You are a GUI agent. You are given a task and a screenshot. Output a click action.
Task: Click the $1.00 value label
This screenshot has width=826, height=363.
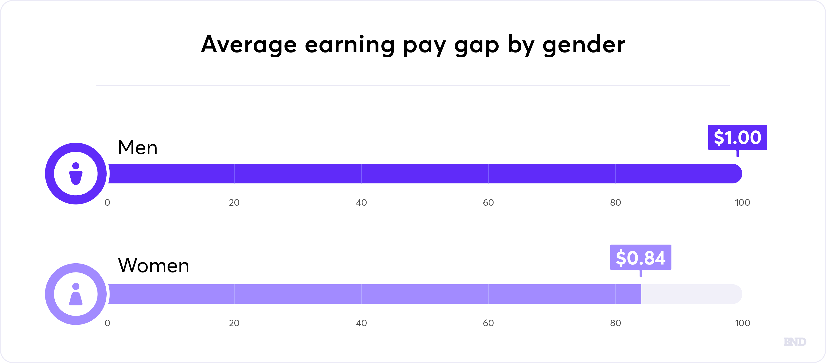(x=737, y=137)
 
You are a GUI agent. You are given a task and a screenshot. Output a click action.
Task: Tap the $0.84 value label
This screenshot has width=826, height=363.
(x=641, y=257)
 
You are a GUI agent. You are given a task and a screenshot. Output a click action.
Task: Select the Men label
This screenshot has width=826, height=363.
(x=138, y=147)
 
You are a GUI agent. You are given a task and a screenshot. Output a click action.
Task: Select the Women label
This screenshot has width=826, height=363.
(x=154, y=265)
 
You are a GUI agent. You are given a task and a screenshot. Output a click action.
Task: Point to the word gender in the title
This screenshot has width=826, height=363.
(x=583, y=45)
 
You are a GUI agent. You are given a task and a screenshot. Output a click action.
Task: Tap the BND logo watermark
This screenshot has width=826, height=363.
(x=795, y=342)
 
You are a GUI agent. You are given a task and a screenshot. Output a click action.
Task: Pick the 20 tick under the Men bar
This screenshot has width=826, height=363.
(x=234, y=203)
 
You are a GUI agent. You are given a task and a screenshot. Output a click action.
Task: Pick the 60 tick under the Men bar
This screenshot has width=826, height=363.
(x=488, y=203)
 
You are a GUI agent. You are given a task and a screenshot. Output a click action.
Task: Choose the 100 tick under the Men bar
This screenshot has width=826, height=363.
(x=742, y=203)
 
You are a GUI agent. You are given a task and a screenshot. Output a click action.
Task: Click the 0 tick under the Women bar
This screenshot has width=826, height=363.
(x=107, y=323)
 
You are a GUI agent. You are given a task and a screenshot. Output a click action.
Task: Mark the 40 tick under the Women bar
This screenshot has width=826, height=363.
(x=361, y=323)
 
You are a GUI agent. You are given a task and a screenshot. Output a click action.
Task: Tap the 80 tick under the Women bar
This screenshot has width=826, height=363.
(x=615, y=323)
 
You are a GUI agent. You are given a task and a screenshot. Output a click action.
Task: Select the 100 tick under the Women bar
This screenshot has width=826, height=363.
(x=742, y=323)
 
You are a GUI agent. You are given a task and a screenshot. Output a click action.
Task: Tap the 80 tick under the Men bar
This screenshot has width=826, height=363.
(x=615, y=203)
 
